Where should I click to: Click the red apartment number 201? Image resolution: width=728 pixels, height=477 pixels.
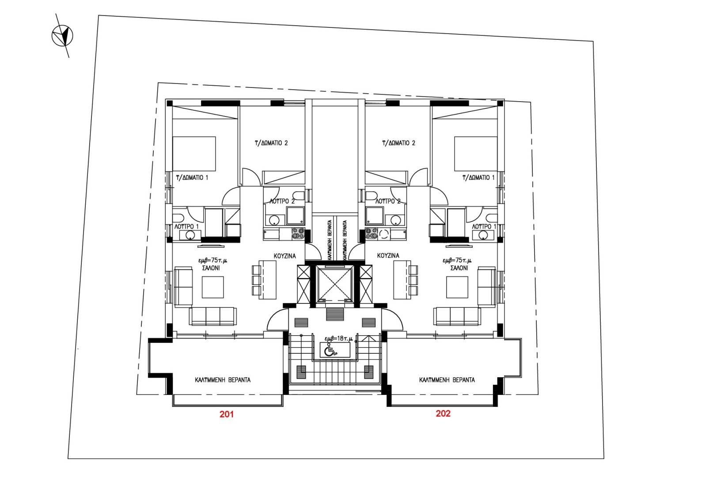[x=227, y=414]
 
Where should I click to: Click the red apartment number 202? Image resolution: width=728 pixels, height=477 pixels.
[x=443, y=413]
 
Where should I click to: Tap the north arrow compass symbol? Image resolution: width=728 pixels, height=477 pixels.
[x=62, y=36]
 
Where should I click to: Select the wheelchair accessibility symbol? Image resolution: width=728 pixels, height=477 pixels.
[x=330, y=351]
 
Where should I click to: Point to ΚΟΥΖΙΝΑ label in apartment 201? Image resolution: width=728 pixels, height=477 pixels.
[x=284, y=256]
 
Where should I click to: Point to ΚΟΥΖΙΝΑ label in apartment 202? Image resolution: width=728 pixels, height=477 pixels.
[x=388, y=256]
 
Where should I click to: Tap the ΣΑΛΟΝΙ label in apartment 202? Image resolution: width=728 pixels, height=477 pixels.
[x=459, y=268]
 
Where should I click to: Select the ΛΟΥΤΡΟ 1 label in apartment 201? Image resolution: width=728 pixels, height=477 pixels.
[x=187, y=226]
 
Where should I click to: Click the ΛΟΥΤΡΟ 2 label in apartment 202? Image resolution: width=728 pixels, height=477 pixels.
[x=387, y=201]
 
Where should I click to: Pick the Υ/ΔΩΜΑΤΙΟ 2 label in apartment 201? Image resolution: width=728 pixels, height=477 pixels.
[x=271, y=143]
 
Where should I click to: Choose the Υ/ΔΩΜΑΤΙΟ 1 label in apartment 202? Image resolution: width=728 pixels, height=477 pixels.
[x=478, y=178]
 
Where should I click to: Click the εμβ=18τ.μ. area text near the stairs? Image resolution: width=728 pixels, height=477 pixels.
[x=339, y=339]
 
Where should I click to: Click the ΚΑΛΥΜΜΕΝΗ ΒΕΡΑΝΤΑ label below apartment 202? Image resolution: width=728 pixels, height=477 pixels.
[x=447, y=380]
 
